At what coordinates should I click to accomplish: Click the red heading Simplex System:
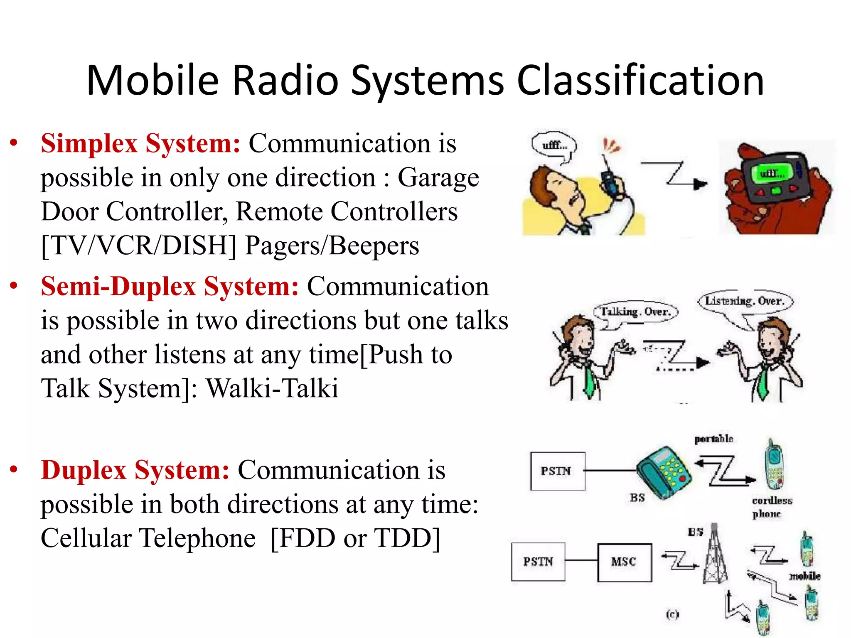click(x=140, y=144)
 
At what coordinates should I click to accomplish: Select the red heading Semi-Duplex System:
click(x=170, y=287)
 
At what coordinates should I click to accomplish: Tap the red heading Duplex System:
click(x=135, y=471)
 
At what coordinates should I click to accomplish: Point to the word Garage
click(x=438, y=178)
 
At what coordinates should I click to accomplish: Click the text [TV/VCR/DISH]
click(x=138, y=246)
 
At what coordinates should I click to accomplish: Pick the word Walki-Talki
click(x=272, y=389)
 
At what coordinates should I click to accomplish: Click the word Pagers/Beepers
click(x=332, y=246)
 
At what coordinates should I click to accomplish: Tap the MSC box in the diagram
click(x=624, y=562)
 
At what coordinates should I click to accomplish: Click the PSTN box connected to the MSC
click(x=538, y=562)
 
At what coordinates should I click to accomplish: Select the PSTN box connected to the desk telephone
click(x=557, y=471)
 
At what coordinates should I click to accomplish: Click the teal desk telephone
click(x=664, y=472)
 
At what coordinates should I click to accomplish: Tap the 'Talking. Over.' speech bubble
click(x=636, y=312)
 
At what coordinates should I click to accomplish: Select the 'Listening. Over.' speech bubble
click(x=745, y=301)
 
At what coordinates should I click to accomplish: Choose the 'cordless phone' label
click(x=772, y=507)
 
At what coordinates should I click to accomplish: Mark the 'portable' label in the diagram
click(x=713, y=439)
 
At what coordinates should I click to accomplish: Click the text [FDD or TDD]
click(x=355, y=539)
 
